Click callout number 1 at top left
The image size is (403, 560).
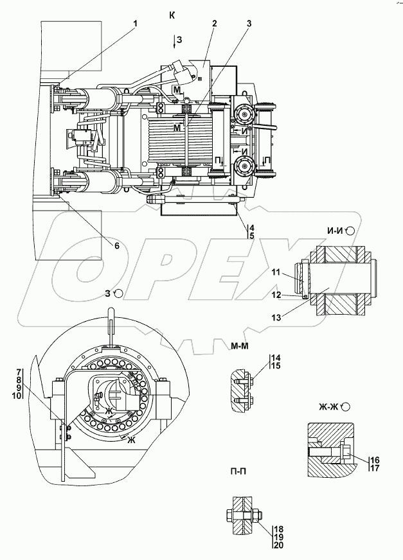coord(136,24)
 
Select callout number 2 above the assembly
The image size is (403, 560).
coord(215,24)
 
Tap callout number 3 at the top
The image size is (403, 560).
coord(249,24)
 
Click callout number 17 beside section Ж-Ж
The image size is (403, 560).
coord(374,469)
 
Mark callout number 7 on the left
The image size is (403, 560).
coord(20,372)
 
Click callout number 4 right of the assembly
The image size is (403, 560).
coord(252,227)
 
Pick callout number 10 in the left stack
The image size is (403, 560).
coord(20,396)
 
